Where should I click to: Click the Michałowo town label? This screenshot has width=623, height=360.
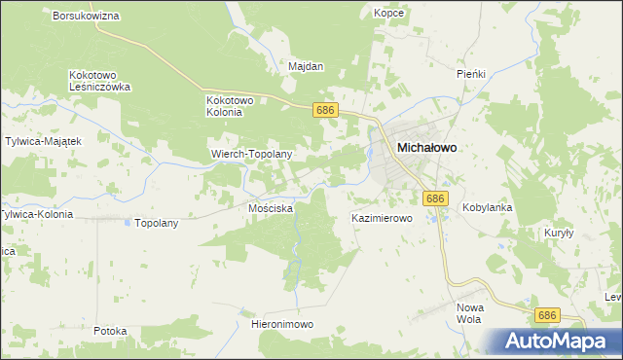(427, 147)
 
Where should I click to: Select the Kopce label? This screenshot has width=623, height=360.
(388, 13)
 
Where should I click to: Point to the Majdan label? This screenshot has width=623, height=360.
(306, 67)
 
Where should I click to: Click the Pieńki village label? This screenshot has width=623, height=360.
(471, 73)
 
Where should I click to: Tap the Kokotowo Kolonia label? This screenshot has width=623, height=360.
(230, 105)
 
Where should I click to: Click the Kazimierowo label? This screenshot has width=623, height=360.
(383, 219)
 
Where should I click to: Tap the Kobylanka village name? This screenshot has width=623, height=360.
(487, 207)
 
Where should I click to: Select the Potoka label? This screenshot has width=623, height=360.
(110, 331)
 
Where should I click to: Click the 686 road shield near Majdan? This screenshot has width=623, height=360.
(325, 111)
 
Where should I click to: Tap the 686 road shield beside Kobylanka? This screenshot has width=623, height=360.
(435, 198)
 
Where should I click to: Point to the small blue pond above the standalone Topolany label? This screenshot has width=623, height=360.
(128, 221)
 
